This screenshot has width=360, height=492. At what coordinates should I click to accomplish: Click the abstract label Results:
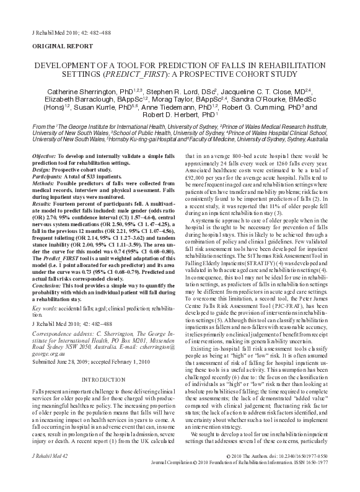pyautogui.click(x=42, y=201)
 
